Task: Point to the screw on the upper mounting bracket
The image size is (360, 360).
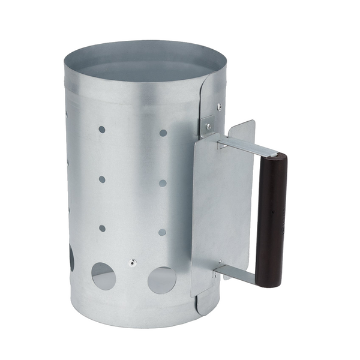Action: pos(208,126)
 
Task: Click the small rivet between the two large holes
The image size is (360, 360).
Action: pos(133,263)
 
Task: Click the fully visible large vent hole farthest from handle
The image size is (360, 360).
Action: pos(104,275)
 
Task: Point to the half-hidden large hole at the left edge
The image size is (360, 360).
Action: pos(71,258)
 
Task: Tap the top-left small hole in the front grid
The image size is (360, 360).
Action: pos(102,130)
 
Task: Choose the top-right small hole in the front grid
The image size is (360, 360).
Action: pos(163,133)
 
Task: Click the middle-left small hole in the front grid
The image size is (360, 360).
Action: pos(102,179)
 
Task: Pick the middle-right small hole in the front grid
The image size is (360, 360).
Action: pos(163,183)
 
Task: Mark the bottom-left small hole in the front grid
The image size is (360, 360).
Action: pos(102,228)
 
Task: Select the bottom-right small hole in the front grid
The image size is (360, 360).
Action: pos(162,232)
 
